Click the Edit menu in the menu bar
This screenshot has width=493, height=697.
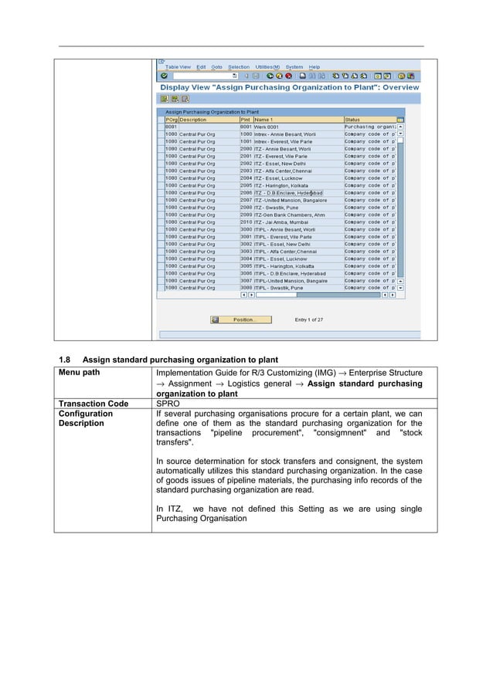(201, 67)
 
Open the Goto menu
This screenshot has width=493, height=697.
(216, 67)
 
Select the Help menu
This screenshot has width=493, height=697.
(314, 67)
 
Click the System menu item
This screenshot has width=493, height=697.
(294, 67)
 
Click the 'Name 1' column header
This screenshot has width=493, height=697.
(264, 120)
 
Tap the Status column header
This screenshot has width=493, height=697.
(352, 120)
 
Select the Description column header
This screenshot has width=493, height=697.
(193, 120)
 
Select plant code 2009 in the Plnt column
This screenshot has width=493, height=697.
(246, 215)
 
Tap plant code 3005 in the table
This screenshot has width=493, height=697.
(246, 266)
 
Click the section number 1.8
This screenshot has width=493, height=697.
(65, 359)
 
